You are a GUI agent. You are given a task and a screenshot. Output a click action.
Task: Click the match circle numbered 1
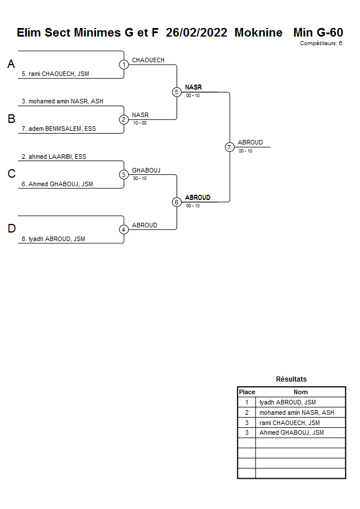(x=124, y=65)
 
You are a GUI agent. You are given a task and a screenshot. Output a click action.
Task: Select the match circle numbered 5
(x=177, y=92)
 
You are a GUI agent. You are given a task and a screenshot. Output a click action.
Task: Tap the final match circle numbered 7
(x=230, y=147)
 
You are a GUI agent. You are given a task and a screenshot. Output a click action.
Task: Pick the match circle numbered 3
(x=124, y=174)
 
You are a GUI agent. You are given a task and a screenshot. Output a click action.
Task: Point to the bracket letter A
(x=11, y=65)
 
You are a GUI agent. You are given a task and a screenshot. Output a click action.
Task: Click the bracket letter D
(x=11, y=229)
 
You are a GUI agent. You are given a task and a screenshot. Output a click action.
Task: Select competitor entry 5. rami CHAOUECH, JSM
(x=55, y=74)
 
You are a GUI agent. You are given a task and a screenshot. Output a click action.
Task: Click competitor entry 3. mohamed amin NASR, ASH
(x=62, y=101)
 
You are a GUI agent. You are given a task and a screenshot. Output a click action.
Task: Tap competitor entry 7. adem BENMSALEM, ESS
(x=59, y=129)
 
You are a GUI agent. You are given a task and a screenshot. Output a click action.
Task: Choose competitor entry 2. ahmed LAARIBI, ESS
(x=54, y=156)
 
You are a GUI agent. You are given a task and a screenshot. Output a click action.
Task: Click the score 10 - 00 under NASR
(x=139, y=123)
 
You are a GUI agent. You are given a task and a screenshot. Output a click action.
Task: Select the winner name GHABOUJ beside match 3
(x=146, y=170)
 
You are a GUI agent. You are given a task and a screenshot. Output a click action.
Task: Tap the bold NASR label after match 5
(x=193, y=87)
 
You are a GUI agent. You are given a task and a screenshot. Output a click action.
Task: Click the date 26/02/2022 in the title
(x=197, y=33)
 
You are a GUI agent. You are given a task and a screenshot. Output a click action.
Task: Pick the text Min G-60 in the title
(x=318, y=33)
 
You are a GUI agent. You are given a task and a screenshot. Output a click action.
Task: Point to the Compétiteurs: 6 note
(x=321, y=43)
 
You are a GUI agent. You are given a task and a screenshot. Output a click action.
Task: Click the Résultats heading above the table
(x=291, y=379)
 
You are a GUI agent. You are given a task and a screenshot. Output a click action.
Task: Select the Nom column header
(x=301, y=392)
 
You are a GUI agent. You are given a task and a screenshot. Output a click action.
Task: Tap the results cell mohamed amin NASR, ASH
(x=297, y=412)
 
